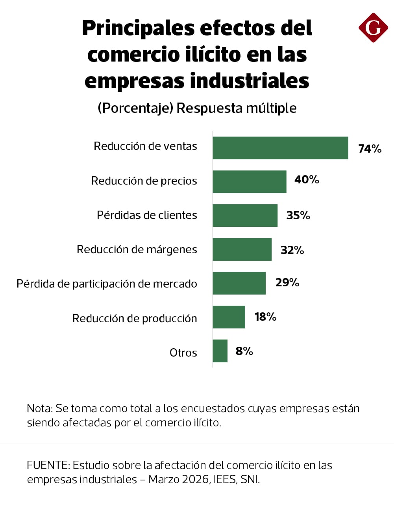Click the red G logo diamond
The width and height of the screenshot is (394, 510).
tap(373, 28)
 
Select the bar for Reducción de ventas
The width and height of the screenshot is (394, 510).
tap(280, 148)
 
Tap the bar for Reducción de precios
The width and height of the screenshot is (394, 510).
tap(249, 182)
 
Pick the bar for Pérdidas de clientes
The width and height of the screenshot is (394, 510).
tap(245, 215)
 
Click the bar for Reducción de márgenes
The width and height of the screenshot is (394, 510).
tap(242, 249)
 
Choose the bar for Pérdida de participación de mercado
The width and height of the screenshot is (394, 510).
tap(239, 283)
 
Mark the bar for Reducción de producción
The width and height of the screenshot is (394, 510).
tap(229, 317)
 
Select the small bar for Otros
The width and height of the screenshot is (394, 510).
tap(220, 351)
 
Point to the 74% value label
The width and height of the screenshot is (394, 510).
tap(370, 149)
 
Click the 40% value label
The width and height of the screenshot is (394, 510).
tap(307, 179)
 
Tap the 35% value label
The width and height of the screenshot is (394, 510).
tap(298, 215)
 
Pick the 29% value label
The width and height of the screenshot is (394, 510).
tap(287, 282)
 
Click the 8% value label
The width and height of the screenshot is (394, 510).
tap(244, 351)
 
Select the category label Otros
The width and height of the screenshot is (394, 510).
tap(183, 352)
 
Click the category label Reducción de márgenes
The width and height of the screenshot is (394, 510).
tap(137, 249)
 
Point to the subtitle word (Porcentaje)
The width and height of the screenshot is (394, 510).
tap(135, 108)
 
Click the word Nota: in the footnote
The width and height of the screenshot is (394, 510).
tap(40, 408)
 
